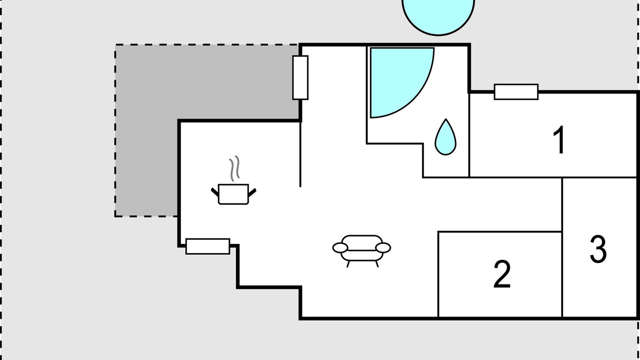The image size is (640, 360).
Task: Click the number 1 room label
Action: (x=559, y=139)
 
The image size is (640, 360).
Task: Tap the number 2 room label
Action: (x=502, y=273)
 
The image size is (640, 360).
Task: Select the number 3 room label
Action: (x=598, y=248)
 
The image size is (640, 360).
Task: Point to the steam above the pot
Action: (x=234, y=168)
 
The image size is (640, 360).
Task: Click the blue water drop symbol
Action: (x=445, y=137)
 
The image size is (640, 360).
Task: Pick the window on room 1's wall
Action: (x=516, y=92)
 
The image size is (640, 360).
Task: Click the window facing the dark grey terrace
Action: (x=300, y=77)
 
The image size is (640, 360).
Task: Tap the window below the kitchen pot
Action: (x=207, y=246)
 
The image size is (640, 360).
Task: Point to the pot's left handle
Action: (x=215, y=192)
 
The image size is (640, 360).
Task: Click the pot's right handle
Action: (x=252, y=192)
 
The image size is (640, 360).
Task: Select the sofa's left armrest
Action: (x=340, y=247)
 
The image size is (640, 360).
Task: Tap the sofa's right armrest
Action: (x=383, y=247)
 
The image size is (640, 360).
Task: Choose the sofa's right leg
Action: (x=377, y=264)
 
